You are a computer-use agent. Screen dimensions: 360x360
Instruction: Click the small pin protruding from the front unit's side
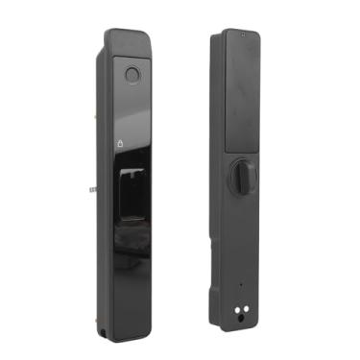92,188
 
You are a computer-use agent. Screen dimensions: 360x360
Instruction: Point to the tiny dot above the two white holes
239,284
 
